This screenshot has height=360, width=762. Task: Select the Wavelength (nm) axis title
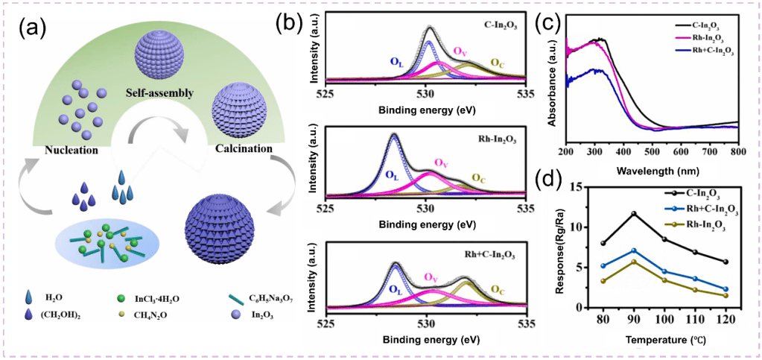(651, 171)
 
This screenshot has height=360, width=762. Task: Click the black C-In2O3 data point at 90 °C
(633, 214)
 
